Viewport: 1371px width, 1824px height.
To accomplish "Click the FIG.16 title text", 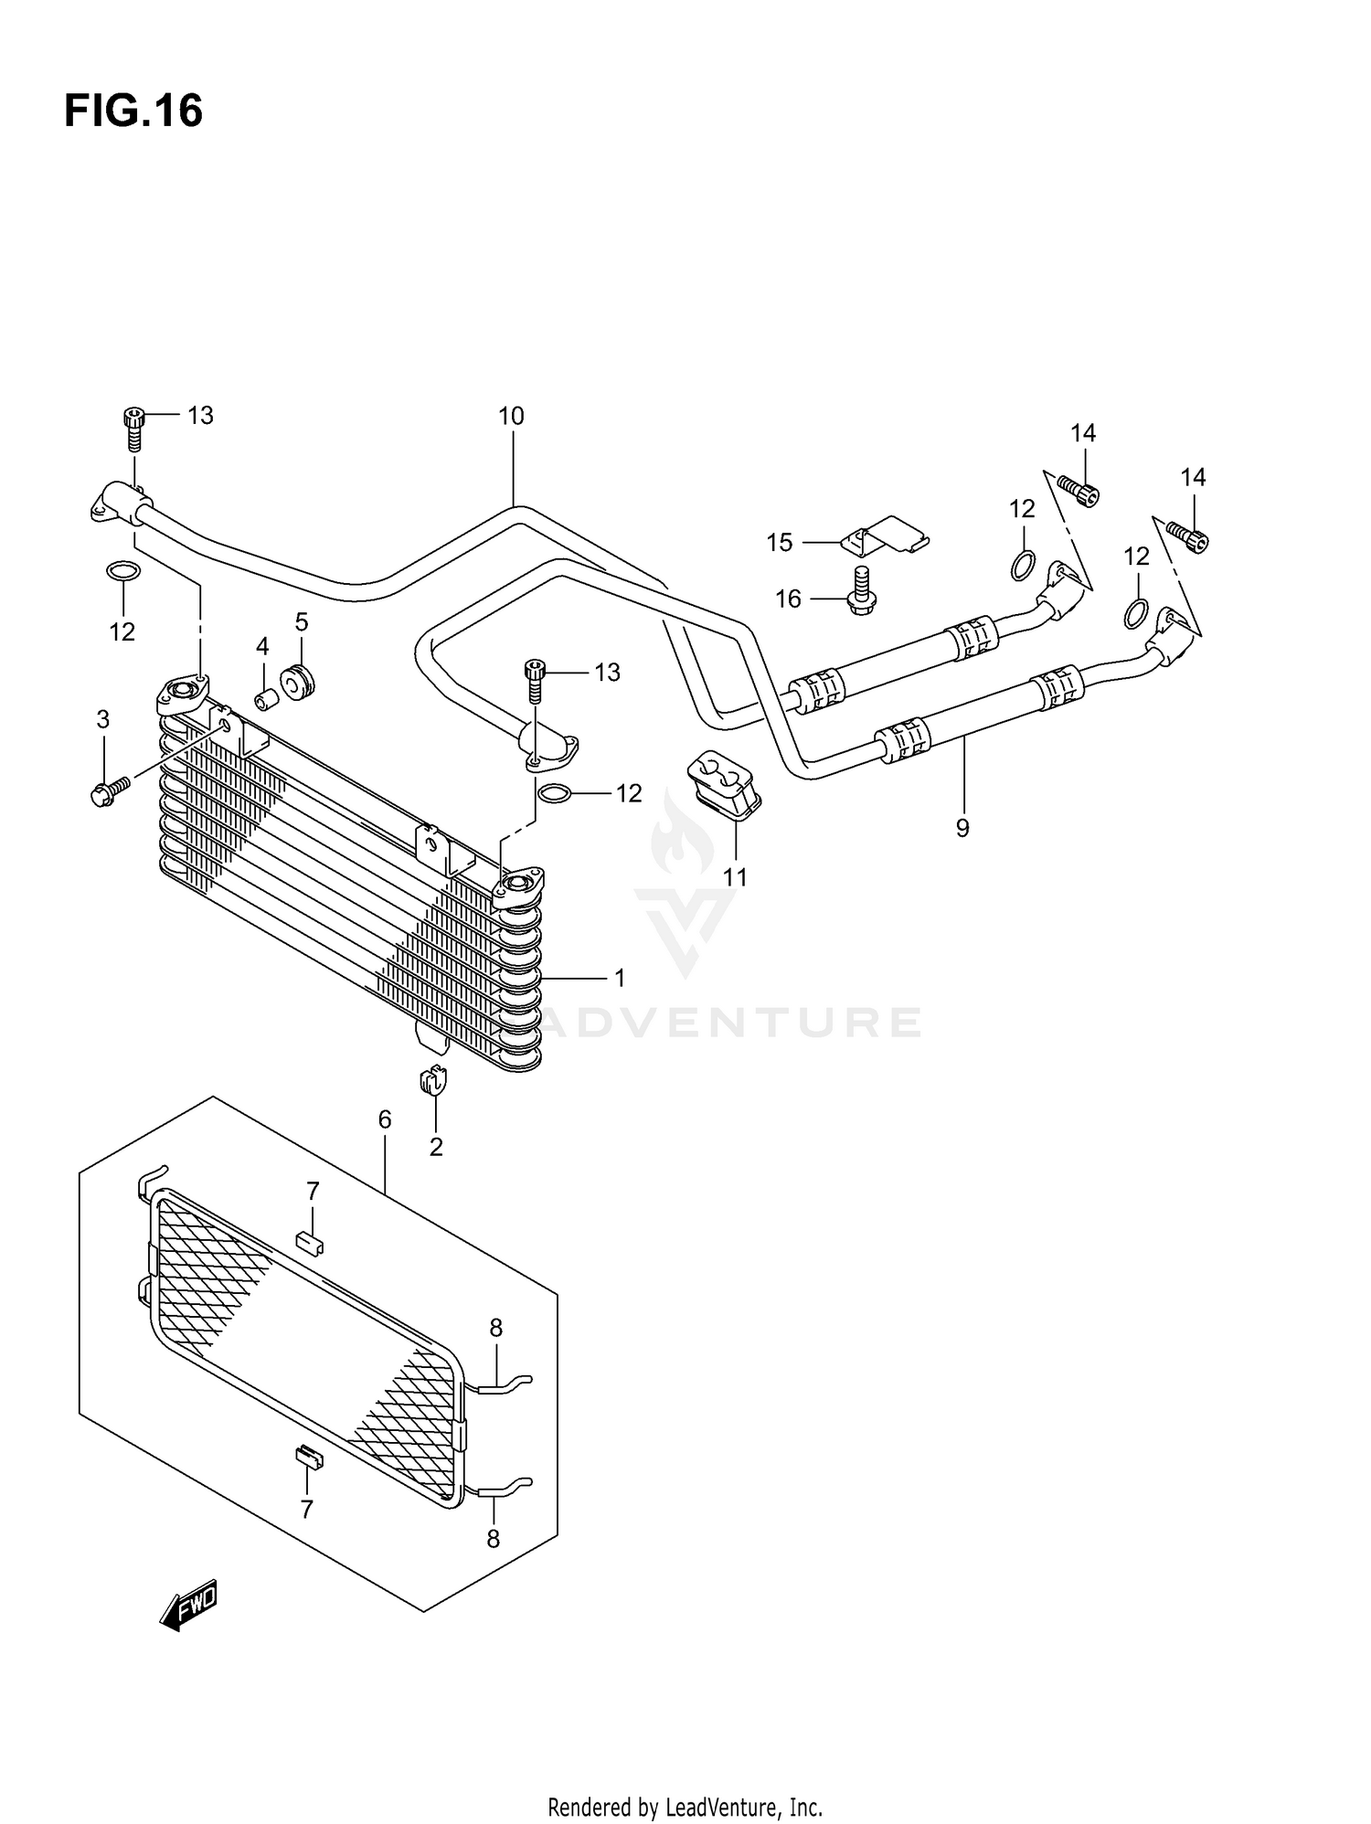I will click(x=133, y=111).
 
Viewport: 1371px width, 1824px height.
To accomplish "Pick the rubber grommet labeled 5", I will click(x=297, y=682).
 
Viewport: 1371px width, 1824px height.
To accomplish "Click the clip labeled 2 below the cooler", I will click(x=434, y=1080).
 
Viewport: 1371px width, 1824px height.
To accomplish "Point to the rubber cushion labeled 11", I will click(x=724, y=783).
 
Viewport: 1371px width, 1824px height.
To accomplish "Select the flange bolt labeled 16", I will click(x=858, y=591).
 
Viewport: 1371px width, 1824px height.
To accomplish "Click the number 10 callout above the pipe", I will click(x=511, y=417).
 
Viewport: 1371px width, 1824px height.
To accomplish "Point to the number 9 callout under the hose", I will click(x=962, y=828).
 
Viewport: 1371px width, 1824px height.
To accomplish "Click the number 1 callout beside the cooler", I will click(x=620, y=978).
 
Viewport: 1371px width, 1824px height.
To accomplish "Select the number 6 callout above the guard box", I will click(x=385, y=1119).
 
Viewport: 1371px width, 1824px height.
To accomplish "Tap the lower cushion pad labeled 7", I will click(x=308, y=1456).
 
